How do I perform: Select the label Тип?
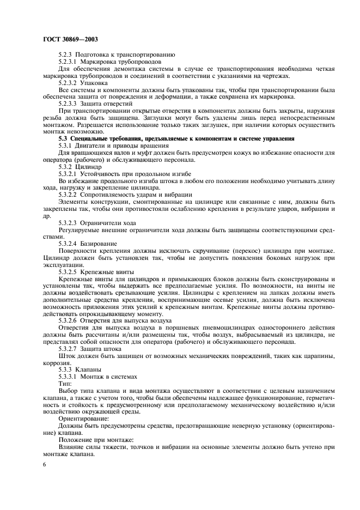point(64,383)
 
